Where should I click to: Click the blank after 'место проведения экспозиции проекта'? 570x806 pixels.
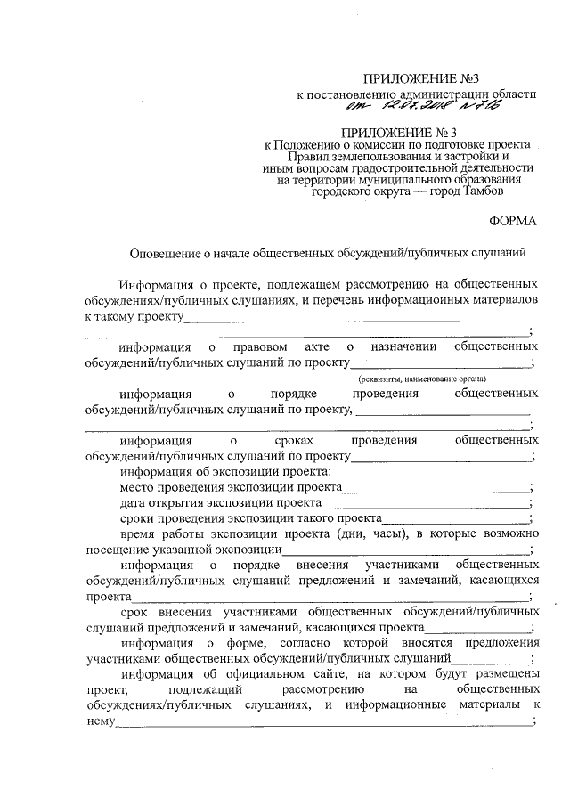436,488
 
